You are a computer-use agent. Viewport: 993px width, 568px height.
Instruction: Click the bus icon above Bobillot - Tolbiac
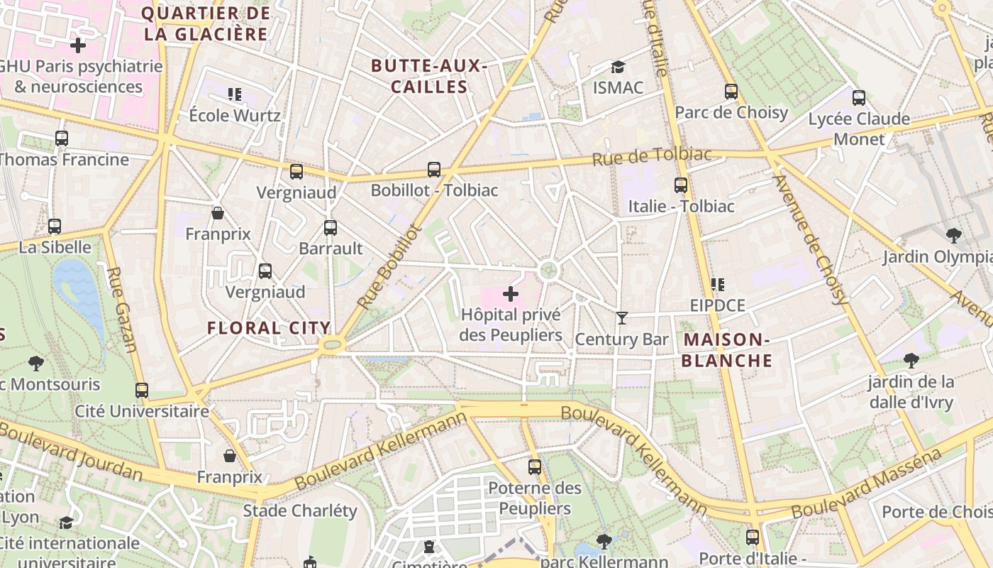(434, 170)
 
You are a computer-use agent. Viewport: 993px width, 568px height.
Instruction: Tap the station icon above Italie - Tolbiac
(681, 185)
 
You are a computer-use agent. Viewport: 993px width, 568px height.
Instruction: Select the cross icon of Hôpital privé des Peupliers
(511, 293)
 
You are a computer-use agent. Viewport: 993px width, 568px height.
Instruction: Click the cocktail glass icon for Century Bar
(622, 318)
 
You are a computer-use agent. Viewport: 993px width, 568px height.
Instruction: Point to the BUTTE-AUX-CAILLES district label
(429, 77)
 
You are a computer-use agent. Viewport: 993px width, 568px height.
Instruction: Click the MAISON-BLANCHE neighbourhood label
(727, 350)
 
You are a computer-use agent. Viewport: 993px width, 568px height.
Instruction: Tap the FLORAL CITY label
(269, 328)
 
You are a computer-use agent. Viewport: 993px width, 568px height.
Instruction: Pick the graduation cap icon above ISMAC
(618, 67)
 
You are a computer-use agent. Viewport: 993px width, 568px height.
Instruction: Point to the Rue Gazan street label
(121, 309)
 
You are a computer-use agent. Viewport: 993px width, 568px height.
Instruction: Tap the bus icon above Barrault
(331, 228)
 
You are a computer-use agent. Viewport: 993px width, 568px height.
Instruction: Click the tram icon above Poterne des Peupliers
(535, 467)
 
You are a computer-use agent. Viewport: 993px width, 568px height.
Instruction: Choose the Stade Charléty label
(300, 510)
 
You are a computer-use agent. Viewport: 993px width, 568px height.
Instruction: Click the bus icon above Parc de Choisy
(731, 92)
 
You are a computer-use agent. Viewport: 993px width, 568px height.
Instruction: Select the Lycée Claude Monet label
(859, 129)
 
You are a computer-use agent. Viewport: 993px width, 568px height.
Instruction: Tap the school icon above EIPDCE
(718, 285)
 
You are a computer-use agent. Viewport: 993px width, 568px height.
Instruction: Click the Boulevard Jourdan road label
(71, 451)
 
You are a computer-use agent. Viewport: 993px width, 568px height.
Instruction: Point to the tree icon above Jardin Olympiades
(953, 235)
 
